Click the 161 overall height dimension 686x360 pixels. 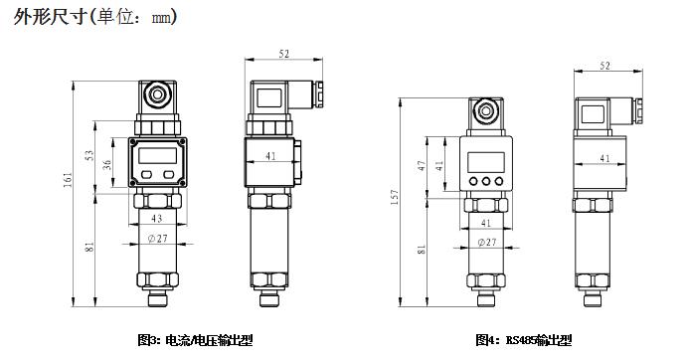pyautogui.click(x=68, y=179)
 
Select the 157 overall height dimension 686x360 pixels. pyautogui.click(x=395, y=197)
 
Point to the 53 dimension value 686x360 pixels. pyautogui.click(x=89, y=155)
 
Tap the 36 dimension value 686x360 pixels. pyautogui.click(x=107, y=164)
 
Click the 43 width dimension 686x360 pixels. pyautogui.click(x=157, y=218)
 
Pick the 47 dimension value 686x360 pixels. pyautogui.click(x=421, y=166)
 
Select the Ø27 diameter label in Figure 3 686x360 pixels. pyautogui.click(x=158, y=239)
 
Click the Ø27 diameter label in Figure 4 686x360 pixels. pyautogui.click(x=486, y=242)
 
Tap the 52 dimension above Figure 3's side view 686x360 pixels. pyautogui.click(x=284, y=54)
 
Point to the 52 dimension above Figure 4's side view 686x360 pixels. pyautogui.click(x=605, y=66)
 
